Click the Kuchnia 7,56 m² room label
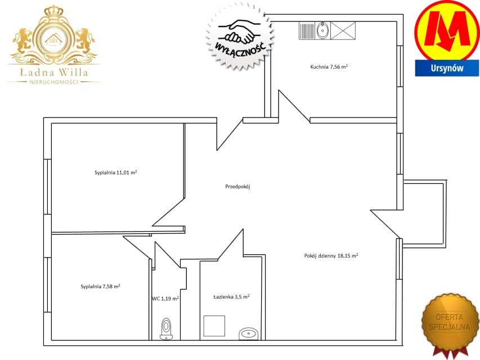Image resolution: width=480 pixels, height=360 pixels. [329, 66]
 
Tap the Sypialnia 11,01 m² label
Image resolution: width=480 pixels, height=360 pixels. [116, 172]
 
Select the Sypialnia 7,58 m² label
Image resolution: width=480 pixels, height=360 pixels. [100, 286]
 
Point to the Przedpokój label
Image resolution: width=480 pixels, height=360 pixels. [238, 186]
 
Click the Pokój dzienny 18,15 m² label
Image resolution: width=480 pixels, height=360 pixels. [331, 255]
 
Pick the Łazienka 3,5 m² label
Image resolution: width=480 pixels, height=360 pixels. [231, 296]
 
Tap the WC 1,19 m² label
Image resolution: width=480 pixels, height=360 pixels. [165, 299]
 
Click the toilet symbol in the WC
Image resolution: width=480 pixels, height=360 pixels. [166, 329]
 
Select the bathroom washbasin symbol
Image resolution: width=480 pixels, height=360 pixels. [249, 334]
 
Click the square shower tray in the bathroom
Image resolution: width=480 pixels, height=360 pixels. [214, 326]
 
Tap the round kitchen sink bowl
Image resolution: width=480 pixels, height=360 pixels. [322, 30]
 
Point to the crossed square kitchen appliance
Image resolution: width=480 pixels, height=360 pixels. [343, 30]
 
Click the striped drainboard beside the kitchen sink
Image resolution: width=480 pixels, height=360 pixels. [307, 31]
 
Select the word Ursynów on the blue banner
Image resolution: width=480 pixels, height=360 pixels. [447, 68]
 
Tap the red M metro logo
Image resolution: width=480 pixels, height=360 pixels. [447, 30]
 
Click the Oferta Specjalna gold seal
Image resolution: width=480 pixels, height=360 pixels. [450, 323]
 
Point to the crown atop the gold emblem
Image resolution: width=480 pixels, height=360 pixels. [54, 12]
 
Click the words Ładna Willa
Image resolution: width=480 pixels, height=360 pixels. [54, 72]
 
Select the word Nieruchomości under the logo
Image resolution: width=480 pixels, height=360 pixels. [54, 82]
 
